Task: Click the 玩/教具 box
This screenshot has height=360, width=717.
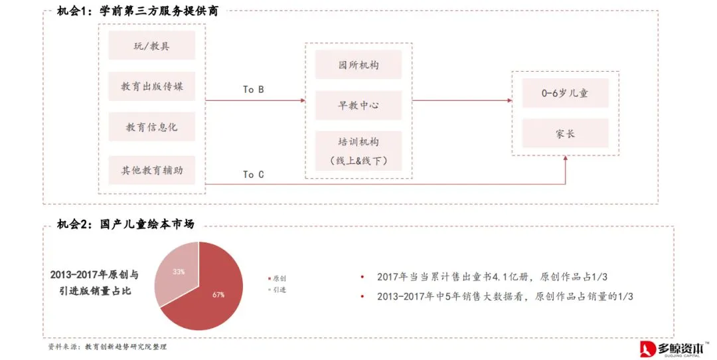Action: point(152,46)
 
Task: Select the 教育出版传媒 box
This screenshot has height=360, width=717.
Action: point(152,86)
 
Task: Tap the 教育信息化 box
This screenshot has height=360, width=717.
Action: point(152,127)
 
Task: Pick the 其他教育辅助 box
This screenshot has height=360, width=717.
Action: point(152,170)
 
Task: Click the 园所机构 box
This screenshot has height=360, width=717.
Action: point(358,65)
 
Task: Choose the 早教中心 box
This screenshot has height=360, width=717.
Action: point(358,105)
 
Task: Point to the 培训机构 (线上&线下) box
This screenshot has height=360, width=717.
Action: point(358,151)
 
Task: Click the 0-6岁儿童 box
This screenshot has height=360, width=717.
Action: point(565,94)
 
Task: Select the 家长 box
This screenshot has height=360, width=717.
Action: point(565,134)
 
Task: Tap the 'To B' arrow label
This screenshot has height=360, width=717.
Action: point(254,89)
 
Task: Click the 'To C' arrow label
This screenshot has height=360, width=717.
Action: point(254,174)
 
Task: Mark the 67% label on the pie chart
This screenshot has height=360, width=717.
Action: point(218,294)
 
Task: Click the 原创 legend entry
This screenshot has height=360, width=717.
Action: point(277,278)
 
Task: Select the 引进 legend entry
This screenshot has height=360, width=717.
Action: point(277,290)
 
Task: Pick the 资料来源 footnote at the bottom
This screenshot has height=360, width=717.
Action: point(107,347)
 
